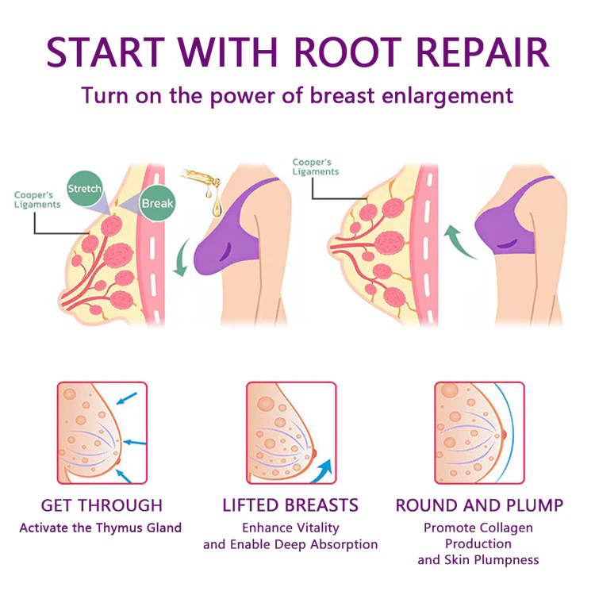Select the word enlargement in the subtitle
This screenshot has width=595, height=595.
click(x=448, y=96)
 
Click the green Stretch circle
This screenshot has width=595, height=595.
click(x=84, y=190)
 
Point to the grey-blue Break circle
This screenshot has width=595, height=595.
click(x=156, y=203)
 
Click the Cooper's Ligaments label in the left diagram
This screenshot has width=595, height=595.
click(x=37, y=200)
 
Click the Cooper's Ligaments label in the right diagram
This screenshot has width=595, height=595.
click(x=315, y=167)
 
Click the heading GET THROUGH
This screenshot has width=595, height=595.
click(x=101, y=505)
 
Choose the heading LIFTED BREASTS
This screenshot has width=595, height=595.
click(x=290, y=505)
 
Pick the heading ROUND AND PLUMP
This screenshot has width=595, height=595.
click(x=480, y=505)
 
